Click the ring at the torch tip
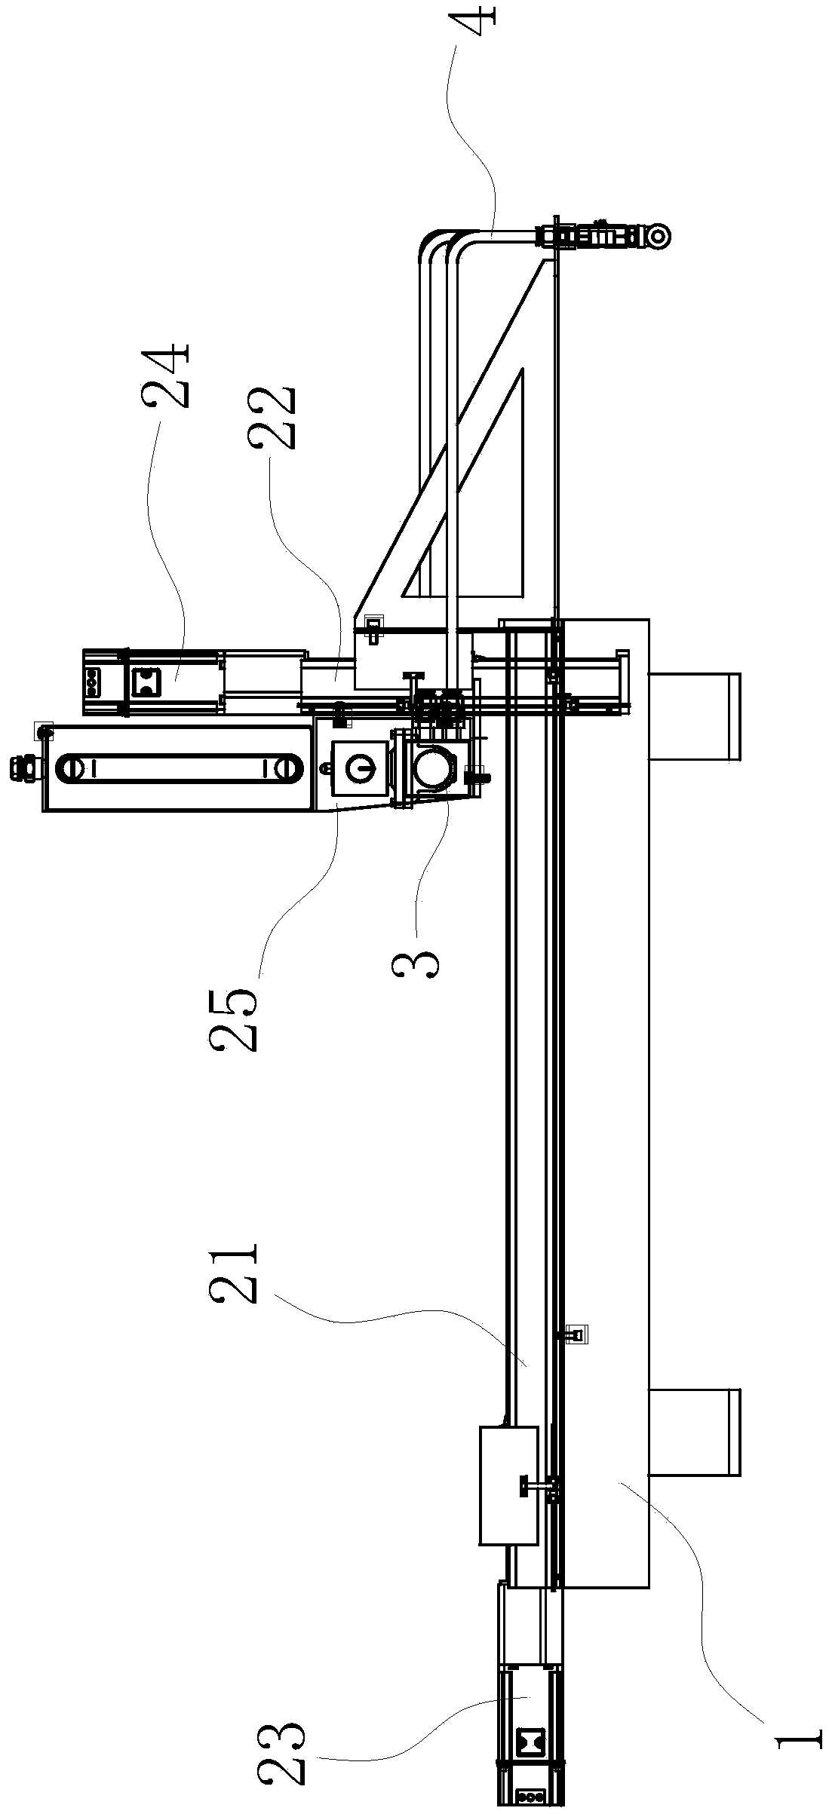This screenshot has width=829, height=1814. pyautogui.click(x=659, y=236)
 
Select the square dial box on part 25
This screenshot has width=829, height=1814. pyautogui.click(x=361, y=768)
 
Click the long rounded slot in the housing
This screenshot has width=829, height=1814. pyautogui.click(x=179, y=768)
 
